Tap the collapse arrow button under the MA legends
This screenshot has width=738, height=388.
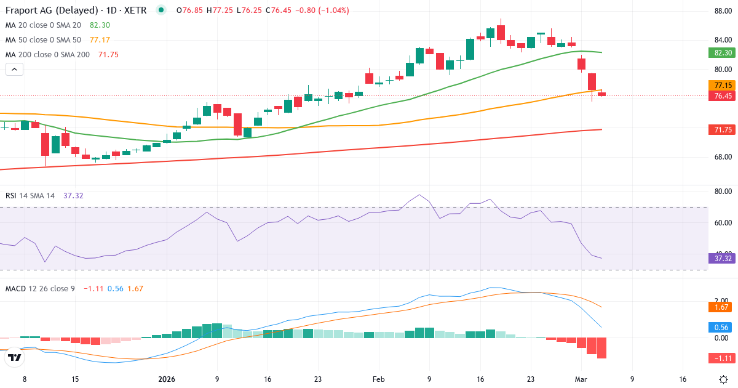(x=14, y=70)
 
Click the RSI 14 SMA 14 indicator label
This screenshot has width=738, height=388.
(x=30, y=196)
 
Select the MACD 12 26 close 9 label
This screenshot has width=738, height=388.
(x=40, y=288)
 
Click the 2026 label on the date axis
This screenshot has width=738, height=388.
(x=167, y=379)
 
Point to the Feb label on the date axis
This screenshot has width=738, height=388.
(x=379, y=379)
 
